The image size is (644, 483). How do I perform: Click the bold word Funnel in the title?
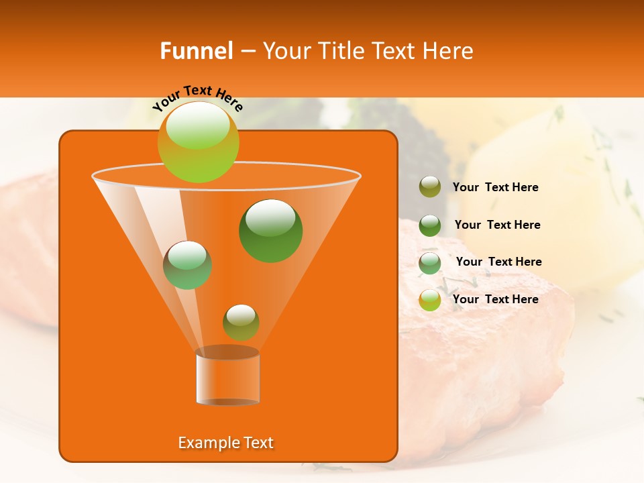click(x=197, y=51)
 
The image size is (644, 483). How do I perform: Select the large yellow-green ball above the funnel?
click(x=199, y=142)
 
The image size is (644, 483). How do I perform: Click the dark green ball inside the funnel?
click(x=271, y=231)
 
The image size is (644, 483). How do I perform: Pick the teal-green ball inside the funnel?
click(x=187, y=265)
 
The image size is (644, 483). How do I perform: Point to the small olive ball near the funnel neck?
click(x=241, y=322)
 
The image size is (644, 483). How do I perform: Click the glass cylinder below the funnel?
click(x=227, y=376)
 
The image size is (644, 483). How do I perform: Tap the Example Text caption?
click(x=226, y=443)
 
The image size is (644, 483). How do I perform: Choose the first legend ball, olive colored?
click(x=430, y=187)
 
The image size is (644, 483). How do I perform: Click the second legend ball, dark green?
click(x=430, y=225)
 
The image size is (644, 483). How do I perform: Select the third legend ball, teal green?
click(x=430, y=263)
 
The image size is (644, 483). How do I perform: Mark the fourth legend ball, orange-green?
click(x=430, y=300)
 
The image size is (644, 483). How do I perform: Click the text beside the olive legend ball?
click(x=496, y=187)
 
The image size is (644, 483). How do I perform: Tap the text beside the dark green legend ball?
click(x=498, y=225)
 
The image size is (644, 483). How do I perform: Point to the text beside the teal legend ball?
click(x=499, y=262)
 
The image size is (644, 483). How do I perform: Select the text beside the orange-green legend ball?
click(x=496, y=299)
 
